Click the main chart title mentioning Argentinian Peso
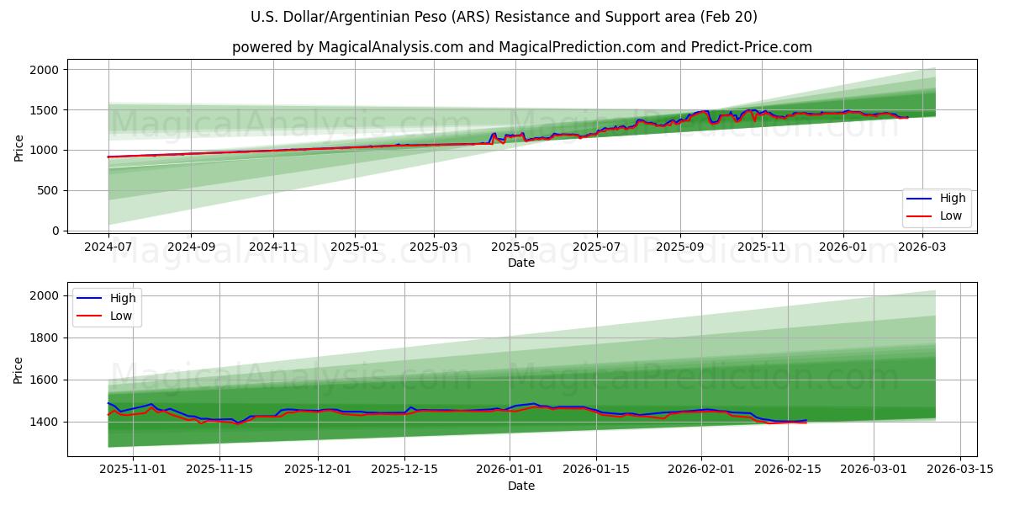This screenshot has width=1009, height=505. (504, 17)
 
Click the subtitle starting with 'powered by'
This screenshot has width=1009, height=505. (521, 47)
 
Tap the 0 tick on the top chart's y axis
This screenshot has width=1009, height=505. (56, 231)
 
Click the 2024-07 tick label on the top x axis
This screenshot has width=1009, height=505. (108, 247)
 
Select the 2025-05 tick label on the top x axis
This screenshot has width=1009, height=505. (515, 247)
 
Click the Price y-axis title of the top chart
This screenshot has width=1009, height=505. (19, 148)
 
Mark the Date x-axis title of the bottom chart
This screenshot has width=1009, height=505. (521, 486)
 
